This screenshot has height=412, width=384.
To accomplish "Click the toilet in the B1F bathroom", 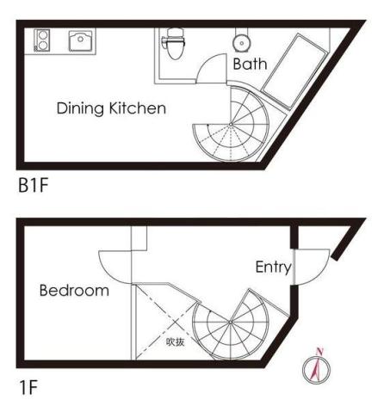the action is pyautogui.click(x=174, y=43).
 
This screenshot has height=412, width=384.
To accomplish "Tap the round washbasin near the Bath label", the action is pyautogui.click(x=242, y=43).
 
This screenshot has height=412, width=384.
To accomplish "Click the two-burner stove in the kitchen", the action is pyautogui.click(x=42, y=40).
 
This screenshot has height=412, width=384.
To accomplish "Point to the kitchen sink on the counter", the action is pyautogui.click(x=81, y=41).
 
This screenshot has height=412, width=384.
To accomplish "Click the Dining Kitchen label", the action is pyautogui.click(x=111, y=108).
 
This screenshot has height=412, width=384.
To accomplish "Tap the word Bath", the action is pyautogui.click(x=250, y=64).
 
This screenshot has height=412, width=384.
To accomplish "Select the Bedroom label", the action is pyautogui.click(x=74, y=290).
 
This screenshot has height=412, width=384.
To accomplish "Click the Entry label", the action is pyautogui.click(x=273, y=267).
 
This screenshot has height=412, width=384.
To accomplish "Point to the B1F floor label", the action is pyautogui.click(x=34, y=185).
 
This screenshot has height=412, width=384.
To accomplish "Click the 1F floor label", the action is pyautogui.click(x=28, y=387).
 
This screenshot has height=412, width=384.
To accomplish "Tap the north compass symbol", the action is pyautogui.click(x=316, y=367).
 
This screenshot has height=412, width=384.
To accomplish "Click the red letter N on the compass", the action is pyautogui.click(x=319, y=351).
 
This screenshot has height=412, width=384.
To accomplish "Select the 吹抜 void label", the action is pyautogui.click(x=175, y=341).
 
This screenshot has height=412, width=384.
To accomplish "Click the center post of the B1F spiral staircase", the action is pyautogui.click(x=231, y=124).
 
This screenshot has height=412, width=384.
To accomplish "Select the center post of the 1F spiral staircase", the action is pyautogui.click(x=230, y=323).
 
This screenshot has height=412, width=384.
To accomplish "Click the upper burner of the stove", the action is pyautogui.click(x=43, y=35).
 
